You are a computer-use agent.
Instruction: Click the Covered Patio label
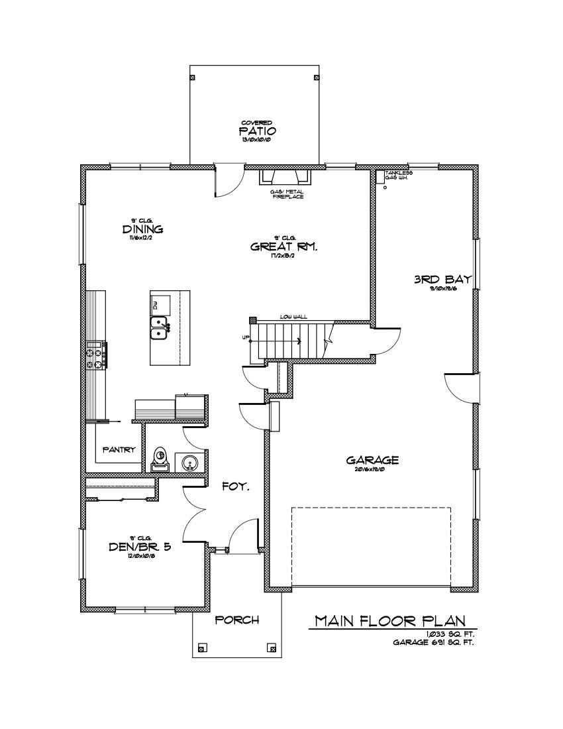[253, 131]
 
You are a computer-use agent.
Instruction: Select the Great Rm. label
[284, 247]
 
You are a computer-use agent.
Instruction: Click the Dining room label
[142, 229]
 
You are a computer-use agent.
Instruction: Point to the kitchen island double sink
[158, 329]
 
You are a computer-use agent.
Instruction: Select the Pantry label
[119, 449]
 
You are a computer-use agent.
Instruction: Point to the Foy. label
[235, 486]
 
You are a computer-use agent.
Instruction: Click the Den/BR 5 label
[140, 547]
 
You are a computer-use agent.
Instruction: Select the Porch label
[236, 620]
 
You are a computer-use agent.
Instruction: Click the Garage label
[372, 460]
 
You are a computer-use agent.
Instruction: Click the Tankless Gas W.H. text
[403, 176]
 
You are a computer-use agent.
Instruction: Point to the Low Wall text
[293, 317]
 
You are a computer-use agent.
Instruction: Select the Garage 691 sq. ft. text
[433, 642]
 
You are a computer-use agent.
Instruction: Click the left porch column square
[203, 647]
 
